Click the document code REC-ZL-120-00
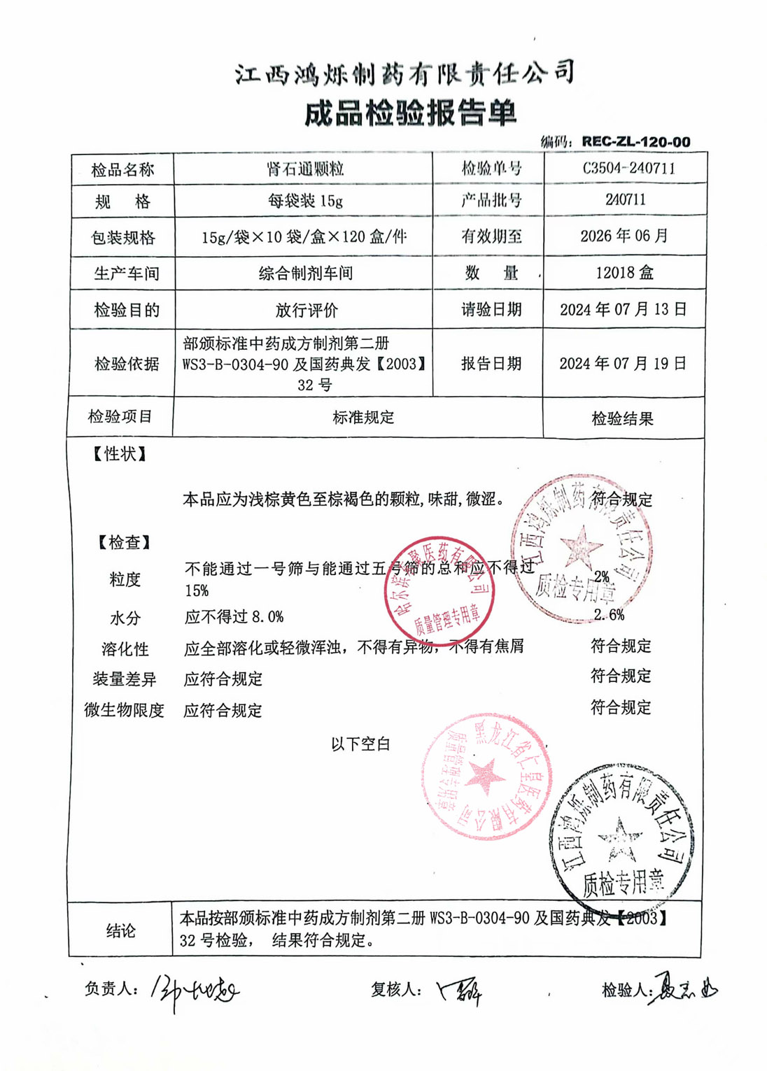635,141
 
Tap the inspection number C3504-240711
628,168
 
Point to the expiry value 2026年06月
624,236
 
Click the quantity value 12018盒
624,273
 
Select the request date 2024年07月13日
623,309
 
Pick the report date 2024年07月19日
623,363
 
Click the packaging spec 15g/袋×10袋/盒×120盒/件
304,237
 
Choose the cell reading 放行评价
306,310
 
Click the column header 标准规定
363,418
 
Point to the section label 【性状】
120,454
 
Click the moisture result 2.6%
608,615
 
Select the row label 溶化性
125,649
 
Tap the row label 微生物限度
124,710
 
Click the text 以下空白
360,744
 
